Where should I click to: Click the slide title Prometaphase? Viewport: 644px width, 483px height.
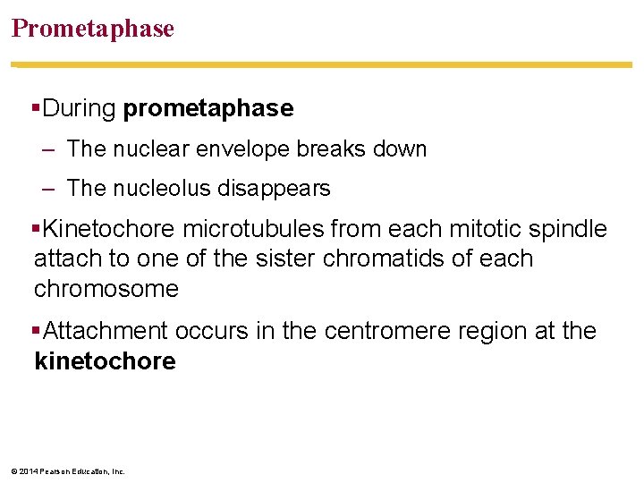click(x=92, y=29)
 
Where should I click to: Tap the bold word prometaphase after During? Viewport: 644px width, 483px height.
click(x=208, y=109)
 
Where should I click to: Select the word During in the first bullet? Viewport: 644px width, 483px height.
click(x=80, y=109)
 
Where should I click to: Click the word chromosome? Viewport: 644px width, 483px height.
click(x=106, y=289)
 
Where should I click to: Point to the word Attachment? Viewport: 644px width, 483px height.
click(x=105, y=331)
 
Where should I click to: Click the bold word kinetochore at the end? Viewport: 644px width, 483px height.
click(x=105, y=361)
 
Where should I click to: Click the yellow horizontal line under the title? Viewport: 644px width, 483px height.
click(x=322, y=64)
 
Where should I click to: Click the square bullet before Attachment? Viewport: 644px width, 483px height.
click(x=36, y=331)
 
